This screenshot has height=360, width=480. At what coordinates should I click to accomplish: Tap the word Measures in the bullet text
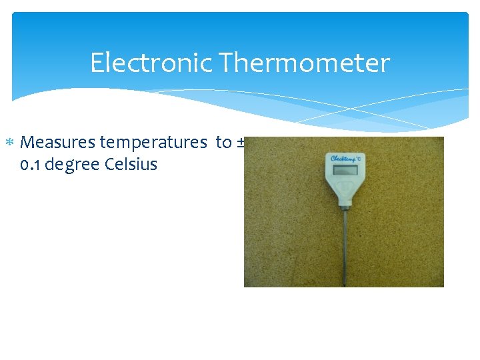(59, 142)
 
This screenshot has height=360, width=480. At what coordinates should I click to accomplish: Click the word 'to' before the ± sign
(223, 142)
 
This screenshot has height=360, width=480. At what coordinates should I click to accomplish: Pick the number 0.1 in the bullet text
(31, 164)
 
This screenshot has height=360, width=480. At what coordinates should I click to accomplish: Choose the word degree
(73, 164)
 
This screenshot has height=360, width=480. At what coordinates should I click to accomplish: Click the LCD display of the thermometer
(345, 171)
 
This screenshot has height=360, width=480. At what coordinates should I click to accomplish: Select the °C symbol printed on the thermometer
(359, 158)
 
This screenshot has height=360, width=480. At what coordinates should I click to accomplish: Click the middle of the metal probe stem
(345, 247)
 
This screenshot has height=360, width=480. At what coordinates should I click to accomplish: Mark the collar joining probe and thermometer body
(345, 209)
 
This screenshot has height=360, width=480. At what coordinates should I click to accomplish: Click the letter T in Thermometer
(225, 63)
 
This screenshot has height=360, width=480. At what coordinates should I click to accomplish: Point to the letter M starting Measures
(29, 142)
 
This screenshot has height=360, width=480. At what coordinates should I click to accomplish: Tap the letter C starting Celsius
(111, 164)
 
